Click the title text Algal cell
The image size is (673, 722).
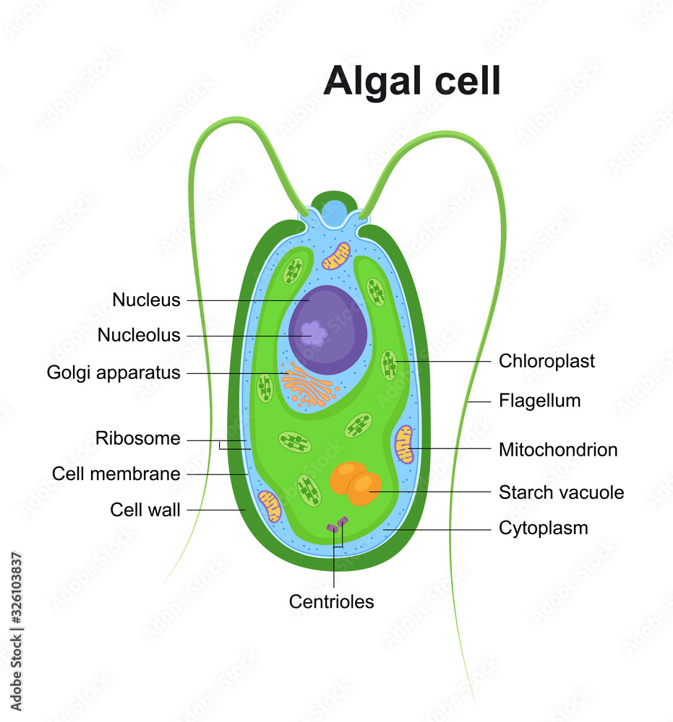(411, 80)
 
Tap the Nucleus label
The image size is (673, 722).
(146, 300)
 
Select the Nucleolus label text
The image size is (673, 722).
(139, 336)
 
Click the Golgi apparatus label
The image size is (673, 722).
(113, 373)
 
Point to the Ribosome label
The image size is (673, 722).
(138, 438)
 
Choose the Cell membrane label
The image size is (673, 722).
(116, 474)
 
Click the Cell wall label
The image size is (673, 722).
(145, 510)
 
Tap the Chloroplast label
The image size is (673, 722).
(546, 361)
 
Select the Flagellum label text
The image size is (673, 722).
(539, 400)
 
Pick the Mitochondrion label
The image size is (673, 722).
(558, 450)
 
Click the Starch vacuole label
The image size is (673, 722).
(561, 492)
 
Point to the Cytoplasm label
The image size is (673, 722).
(543, 528)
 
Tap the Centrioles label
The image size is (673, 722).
(332, 601)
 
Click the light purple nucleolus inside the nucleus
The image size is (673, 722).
(314, 333)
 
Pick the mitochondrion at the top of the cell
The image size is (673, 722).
(335, 256)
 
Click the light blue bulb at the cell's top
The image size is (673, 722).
(334, 212)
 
